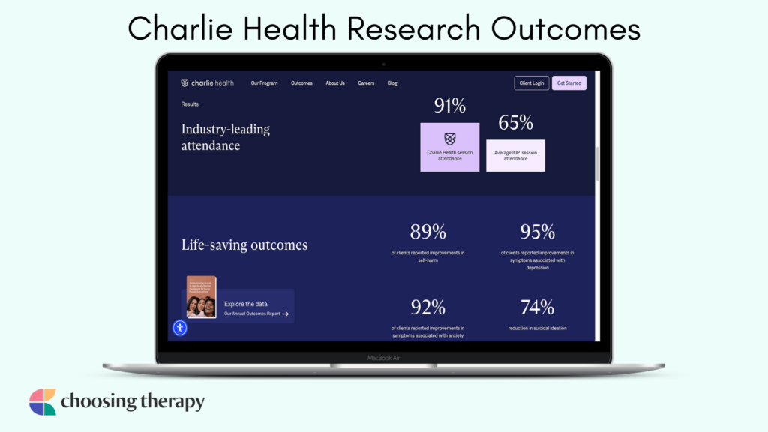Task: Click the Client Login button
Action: [x=532, y=83]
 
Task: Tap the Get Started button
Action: [x=568, y=83]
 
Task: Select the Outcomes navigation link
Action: [x=301, y=83]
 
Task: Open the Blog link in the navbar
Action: [x=392, y=83]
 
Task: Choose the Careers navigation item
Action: [x=366, y=83]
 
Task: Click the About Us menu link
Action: [x=335, y=83]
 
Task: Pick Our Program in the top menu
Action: [x=263, y=83]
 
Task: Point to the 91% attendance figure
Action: [x=450, y=106]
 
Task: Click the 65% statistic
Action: [x=515, y=123]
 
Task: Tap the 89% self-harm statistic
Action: [x=427, y=232]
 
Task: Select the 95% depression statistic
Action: [x=537, y=232]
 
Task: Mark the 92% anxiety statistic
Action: [x=427, y=307]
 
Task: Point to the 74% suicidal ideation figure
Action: [x=537, y=307]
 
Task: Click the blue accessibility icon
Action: [x=180, y=328]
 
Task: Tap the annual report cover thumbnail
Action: [x=202, y=297]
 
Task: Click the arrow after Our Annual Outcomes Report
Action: [x=286, y=313]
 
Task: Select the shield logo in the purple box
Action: [x=450, y=139]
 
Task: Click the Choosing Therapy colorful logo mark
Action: [x=43, y=402]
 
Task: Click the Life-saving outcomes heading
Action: [x=244, y=244]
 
